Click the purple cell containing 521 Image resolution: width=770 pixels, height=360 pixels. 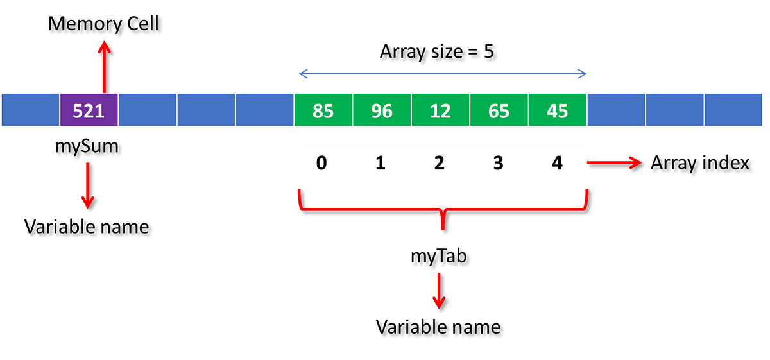coord(89,111)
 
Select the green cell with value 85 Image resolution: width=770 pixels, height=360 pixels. coord(323,111)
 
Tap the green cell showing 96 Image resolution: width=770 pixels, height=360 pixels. coord(382,111)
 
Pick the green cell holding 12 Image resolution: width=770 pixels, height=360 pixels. coord(440,111)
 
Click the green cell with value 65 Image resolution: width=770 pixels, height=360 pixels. coord(499,111)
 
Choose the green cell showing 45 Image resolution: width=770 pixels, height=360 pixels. coord(557,111)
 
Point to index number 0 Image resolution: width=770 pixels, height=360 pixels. coord(322,164)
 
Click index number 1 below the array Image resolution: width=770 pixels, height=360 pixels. coord(381,164)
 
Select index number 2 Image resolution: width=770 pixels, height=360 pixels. coord(440,164)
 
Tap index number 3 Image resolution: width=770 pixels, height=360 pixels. coord(498,164)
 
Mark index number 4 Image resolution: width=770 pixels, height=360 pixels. coord(557,164)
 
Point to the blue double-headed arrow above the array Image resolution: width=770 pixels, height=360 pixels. coord(442,74)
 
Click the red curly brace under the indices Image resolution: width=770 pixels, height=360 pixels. coord(441,209)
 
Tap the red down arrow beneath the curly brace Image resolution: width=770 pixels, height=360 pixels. coord(439,290)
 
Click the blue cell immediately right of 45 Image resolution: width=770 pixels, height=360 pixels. coord(616,111)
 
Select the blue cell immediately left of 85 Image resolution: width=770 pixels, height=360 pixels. coord(264,111)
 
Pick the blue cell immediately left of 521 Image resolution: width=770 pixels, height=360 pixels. coord(30,111)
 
